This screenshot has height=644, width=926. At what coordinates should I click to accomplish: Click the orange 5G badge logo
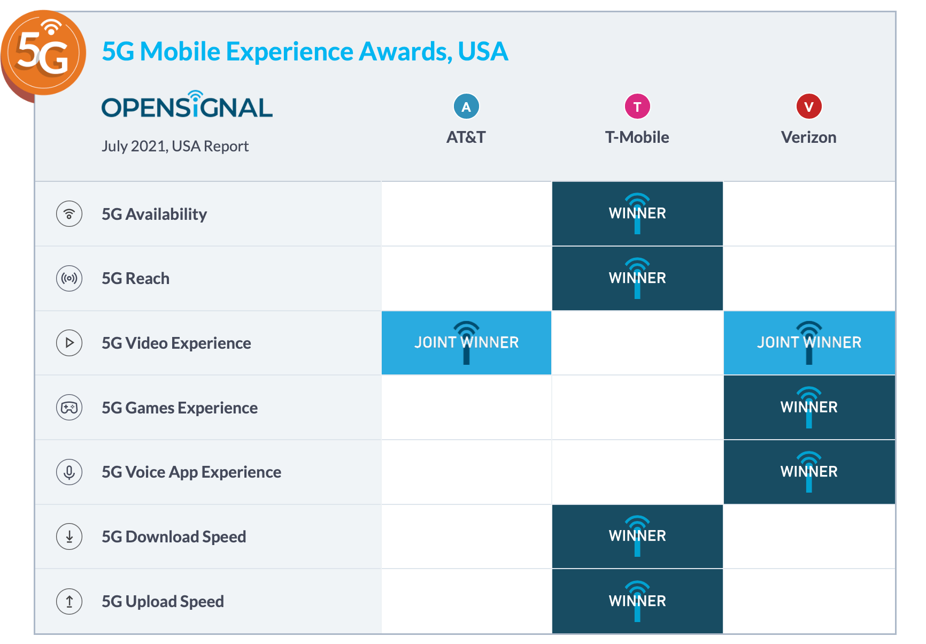(x=43, y=53)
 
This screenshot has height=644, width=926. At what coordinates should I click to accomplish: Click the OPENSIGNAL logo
(x=187, y=105)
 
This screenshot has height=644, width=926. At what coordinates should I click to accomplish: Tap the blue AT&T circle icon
(x=466, y=106)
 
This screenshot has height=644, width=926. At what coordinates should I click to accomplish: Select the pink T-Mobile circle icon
(x=637, y=106)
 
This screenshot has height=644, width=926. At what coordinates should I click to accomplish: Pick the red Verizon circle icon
(x=809, y=106)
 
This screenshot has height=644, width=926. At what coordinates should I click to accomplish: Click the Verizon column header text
(x=808, y=137)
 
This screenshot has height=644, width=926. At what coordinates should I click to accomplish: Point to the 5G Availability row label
(x=154, y=214)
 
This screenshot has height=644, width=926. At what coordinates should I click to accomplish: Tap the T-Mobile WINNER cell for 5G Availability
(x=637, y=213)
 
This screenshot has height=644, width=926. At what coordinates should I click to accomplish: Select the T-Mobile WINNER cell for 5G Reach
(x=637, y=278)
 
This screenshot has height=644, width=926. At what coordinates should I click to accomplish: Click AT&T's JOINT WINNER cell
(x=466, y=343)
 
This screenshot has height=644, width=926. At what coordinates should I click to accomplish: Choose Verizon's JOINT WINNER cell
(x=809, y=343)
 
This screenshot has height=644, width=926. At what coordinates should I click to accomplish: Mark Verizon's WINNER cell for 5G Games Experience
(x=809, y=408)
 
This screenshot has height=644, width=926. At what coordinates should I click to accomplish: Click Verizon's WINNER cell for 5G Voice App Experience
(x=809, y=472)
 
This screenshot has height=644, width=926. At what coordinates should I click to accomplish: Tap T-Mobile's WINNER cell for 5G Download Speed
(x=637, y=536)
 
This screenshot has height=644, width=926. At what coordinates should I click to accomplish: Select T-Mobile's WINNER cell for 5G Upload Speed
(x=637, y=601)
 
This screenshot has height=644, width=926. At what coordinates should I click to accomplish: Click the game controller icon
(x=69, y=408)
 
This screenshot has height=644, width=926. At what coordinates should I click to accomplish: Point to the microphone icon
(x=69, y=472)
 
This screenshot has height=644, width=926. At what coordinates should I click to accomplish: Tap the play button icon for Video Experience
(x=69, y=343)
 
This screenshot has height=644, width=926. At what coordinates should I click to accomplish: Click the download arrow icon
(x=69, y=536)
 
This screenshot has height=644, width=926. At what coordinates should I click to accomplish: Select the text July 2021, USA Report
(x=175, y=146)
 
